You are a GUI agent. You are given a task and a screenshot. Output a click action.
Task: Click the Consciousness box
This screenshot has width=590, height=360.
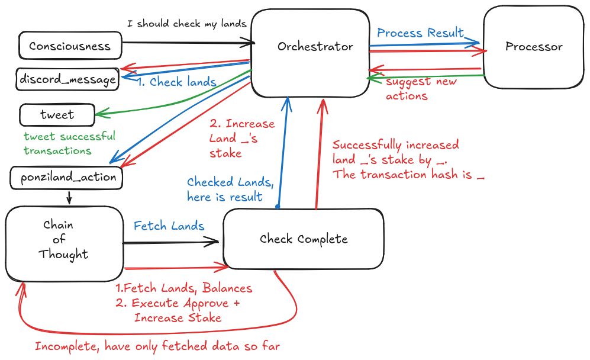click(x=70, y=46)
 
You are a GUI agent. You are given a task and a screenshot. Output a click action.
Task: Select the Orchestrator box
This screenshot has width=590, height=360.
click(x=315, y=47)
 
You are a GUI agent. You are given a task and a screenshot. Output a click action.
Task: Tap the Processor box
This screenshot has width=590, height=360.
click(x=534, y=47)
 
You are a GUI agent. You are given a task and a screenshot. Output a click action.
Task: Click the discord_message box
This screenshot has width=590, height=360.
click(x=67, y=79)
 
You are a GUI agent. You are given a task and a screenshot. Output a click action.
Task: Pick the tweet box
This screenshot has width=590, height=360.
click(x=57, y=115)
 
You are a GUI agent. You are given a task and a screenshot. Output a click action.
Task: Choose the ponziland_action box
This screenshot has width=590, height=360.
click(x=67, y=177)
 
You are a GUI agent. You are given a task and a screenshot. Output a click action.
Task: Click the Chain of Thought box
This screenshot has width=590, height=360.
click(x=63, y=243)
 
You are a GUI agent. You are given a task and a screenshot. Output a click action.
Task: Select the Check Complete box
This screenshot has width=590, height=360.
click(x=303, y=239)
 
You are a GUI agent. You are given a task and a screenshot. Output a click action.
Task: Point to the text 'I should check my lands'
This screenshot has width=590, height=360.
click(x=187, y=24)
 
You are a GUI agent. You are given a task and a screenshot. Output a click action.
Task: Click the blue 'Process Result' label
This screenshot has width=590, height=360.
click(x=420, y=33)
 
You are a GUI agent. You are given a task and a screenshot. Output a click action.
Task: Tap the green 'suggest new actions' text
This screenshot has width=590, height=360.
click(x=421, y=88)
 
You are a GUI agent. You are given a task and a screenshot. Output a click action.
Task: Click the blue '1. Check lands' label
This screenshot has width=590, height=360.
click(x=176, y=82)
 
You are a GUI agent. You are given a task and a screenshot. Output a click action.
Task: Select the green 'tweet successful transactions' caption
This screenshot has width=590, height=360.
click(x=69, y=143)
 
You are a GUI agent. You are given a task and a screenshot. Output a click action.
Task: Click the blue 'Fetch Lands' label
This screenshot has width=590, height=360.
click(x=169, y=226)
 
